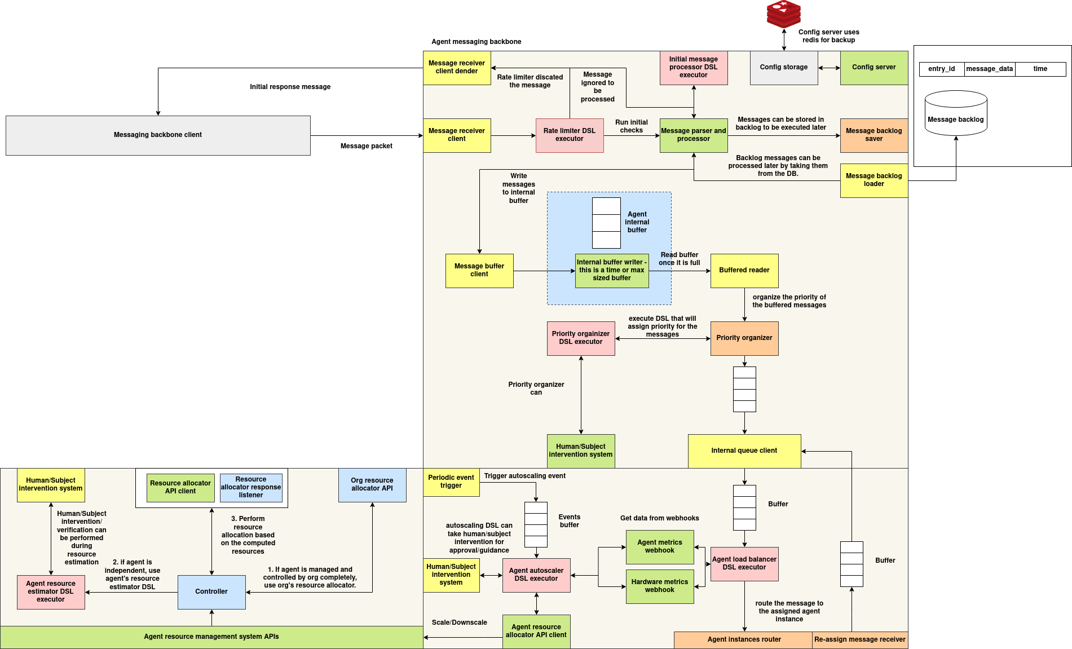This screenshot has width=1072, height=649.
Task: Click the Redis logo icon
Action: pos(783,14)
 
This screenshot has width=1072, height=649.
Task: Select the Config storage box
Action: pos(783,68)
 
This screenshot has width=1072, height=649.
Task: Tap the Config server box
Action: pos(874,68)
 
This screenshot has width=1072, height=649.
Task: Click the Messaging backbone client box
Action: pos(158,135)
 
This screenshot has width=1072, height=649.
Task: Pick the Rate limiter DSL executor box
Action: pos(570,135)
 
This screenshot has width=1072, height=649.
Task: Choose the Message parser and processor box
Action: pos(694,135)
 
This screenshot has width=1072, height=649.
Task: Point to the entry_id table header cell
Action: pos(942,69)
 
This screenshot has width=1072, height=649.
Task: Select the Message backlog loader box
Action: pos(874,180)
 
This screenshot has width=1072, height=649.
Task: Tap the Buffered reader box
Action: pos(744,271)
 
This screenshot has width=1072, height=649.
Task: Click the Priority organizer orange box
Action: pos(744,338)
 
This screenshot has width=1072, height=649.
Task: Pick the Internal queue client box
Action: pos(744,451)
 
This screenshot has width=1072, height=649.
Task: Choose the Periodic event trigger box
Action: pos(451,482)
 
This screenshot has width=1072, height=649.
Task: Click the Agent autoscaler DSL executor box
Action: pos(536,575)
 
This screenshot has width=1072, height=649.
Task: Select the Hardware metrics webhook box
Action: pos(660,586)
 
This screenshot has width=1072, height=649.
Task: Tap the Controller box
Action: pos(211,592)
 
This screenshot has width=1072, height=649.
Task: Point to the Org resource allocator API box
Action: pos(372,485)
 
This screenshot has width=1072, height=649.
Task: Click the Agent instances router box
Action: pos(744,640)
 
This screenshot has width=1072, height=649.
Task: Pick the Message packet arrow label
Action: pos(367,146)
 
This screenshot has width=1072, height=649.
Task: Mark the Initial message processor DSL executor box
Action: pos(694,68)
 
